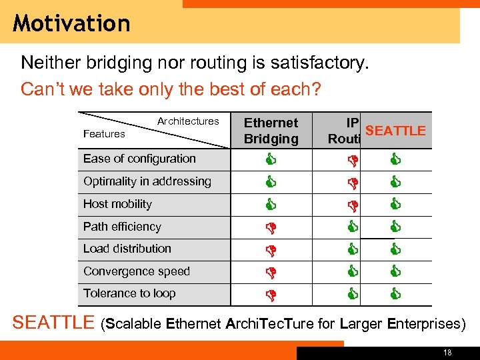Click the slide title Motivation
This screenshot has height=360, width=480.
(71, 23)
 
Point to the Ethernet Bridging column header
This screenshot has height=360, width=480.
(271, 131)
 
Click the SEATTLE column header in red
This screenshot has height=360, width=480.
(395, 131)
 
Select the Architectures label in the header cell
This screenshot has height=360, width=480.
(188, 121)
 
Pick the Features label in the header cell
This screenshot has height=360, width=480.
(104, 134)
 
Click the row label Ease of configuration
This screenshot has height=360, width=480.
(139, 159)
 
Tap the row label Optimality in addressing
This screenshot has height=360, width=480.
(147, 181)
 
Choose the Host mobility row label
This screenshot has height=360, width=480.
(117, 204)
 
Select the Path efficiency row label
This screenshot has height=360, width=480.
(122, 227)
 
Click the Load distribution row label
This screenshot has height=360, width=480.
(127, 249)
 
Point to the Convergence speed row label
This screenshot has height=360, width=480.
(136, 271)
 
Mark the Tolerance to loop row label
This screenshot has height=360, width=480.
(129, 293)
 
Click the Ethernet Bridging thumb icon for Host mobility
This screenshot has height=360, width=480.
(271, 204)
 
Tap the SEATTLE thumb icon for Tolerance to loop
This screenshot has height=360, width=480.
(395, 293)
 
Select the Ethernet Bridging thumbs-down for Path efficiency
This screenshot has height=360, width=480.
(271, 227)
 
